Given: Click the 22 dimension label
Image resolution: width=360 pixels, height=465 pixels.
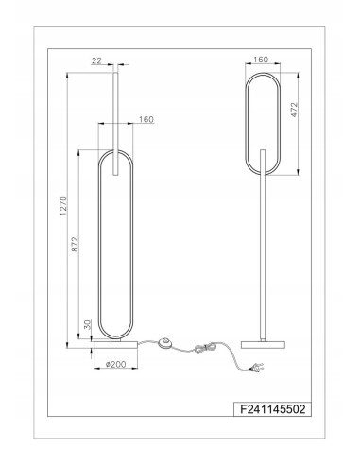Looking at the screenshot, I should point(96,60).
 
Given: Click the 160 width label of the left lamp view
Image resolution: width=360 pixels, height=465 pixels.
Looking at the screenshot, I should point(146,120).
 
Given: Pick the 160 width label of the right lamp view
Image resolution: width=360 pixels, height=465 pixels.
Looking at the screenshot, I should point(262,60).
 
